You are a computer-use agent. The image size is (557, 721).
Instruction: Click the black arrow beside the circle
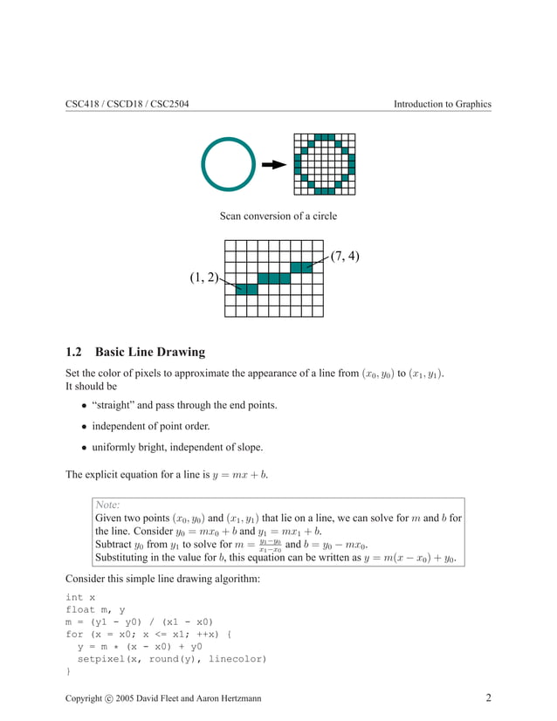coord(274,164)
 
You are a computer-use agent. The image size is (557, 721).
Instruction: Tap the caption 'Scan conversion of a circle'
coord(278,216)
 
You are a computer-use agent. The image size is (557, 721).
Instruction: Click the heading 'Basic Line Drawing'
coord(149,353)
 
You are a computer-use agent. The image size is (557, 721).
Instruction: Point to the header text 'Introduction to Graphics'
coord(442,105)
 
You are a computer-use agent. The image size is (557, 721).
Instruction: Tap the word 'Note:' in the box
coord(107,505)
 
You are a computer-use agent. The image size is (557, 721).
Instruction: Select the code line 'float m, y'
coord(98,610)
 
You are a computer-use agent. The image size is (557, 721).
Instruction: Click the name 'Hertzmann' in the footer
coord(234,699)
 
